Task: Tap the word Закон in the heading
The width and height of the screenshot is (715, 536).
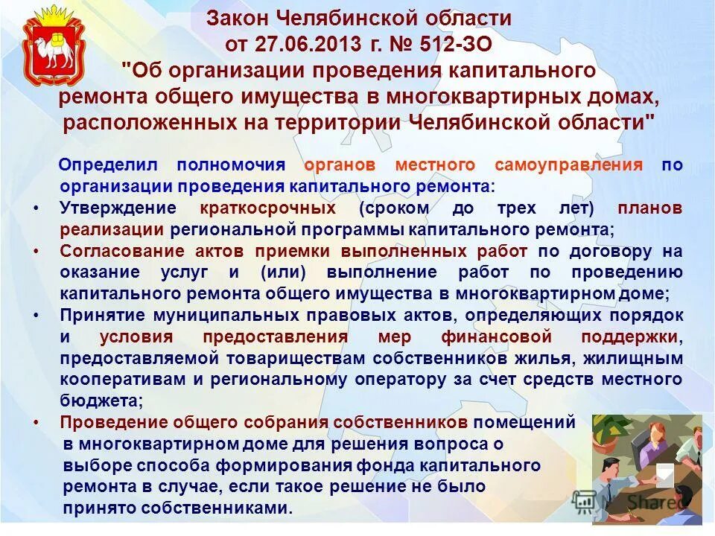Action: [x=236, y=18]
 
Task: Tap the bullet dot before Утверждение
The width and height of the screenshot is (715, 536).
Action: [x=37, y=208]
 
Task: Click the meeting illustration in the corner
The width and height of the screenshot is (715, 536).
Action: [x=646, y=469]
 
